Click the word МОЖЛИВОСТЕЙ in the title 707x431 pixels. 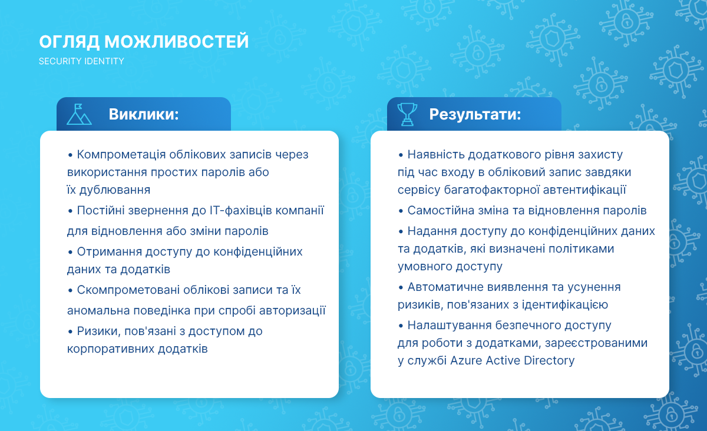[176, 42]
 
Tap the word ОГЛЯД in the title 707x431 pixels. [69, 42]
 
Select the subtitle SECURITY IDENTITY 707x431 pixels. [81, 61]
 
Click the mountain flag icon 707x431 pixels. [79, 114]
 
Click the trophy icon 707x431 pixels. [407, 114]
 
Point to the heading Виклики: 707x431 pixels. [144, 114]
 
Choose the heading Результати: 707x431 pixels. [475, 114]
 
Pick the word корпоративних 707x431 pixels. [111, 349]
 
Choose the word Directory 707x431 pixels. [549, 361]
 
